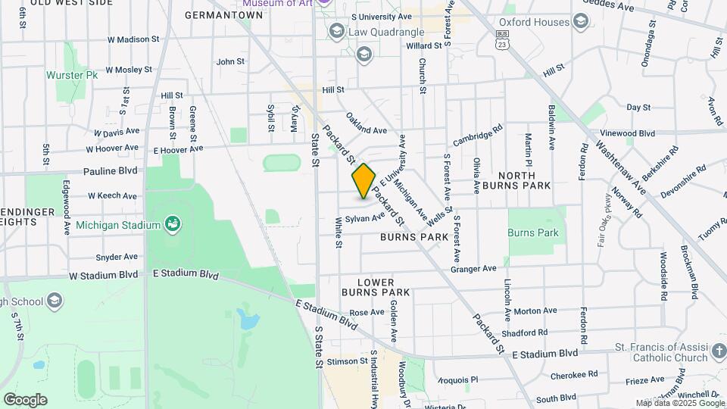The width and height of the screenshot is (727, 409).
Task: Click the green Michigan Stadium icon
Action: click(x=173, y=224)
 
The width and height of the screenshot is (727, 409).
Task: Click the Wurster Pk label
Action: click(x=72, y=76)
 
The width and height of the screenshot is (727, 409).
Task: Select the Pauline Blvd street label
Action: click(x=111, y=171)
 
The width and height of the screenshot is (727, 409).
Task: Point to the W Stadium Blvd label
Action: click(x=105, y=274)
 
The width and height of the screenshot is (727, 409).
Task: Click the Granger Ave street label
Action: click(x=473, y=268)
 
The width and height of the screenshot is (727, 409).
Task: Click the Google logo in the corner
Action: click(x=25, y=400)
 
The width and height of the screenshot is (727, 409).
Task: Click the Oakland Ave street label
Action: click(x=367, y=124)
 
